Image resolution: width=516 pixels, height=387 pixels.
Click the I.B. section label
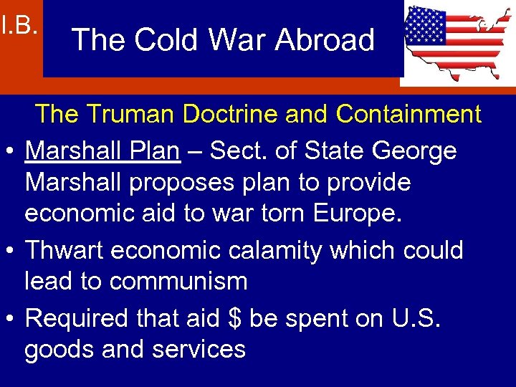tap(19, 27)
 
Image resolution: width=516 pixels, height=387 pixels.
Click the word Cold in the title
tap(155, 39)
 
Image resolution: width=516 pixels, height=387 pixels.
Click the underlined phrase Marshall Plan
tap(102, 150)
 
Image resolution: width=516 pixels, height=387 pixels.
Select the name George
tap(416, 150)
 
